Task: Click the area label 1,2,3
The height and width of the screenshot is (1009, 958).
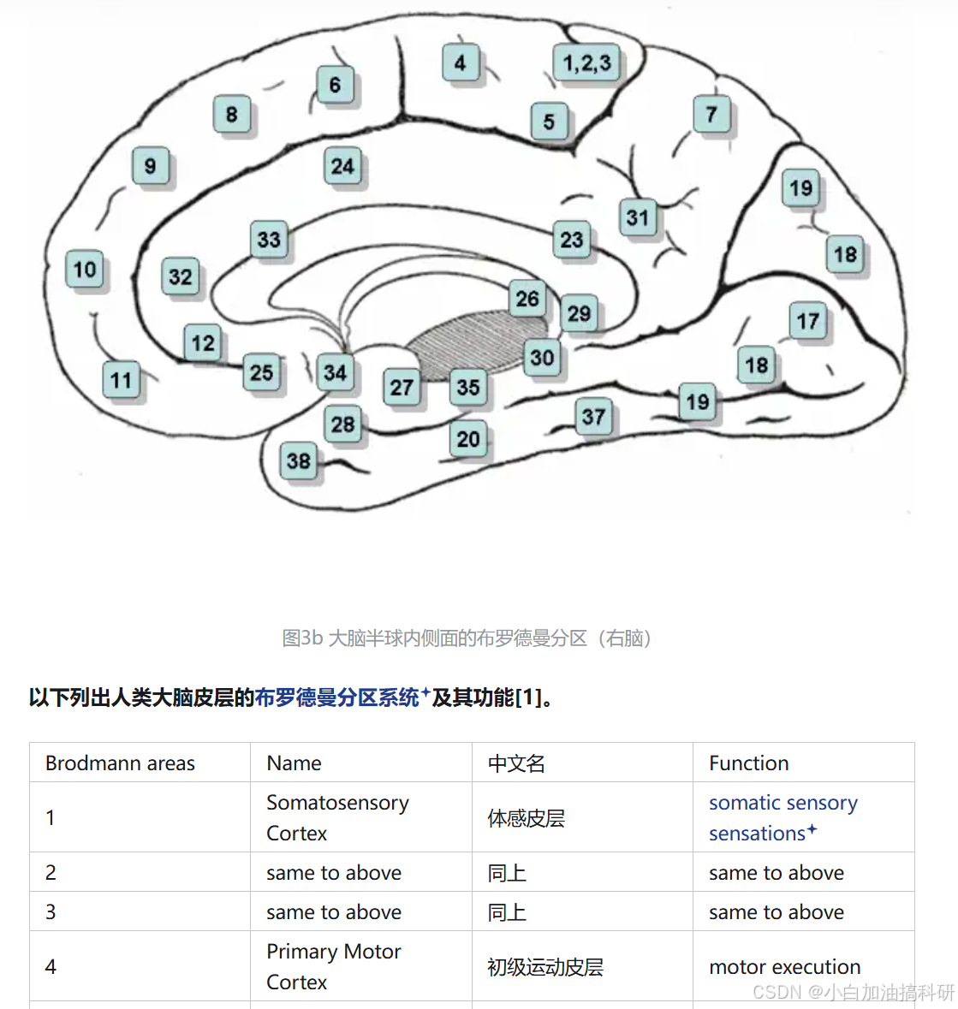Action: click(586, 63)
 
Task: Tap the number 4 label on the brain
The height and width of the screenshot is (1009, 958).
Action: click(461, 62)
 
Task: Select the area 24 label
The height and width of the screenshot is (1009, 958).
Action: click(342, 166)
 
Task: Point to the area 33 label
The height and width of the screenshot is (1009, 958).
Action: click(269, 240)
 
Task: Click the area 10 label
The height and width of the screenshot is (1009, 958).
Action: click(85, 270)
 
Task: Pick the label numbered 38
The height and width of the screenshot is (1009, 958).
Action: click(298, 461)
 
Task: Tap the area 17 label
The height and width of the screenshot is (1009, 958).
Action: click(807, 322)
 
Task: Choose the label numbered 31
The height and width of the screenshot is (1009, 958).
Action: click(637, 217)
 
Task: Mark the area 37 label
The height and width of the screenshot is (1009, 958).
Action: click(593, 418)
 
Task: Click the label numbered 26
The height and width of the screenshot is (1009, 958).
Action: click(527, 299)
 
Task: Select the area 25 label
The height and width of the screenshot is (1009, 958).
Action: click(261, 372)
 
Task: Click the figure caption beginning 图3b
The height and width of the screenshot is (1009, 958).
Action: click(469, 638)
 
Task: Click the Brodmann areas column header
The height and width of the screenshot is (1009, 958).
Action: click(120, 763)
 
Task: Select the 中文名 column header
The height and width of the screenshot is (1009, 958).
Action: click(516, 763)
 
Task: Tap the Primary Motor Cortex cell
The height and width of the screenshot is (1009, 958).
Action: click(333, 966)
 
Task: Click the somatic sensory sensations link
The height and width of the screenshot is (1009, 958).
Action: click(782, 817)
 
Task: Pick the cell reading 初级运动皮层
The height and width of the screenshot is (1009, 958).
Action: click(545, 967)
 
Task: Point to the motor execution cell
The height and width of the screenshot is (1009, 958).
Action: click(784, 967)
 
